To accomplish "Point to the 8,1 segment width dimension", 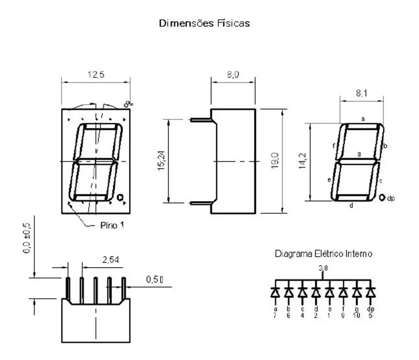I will pos(362,93).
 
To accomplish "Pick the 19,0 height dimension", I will pos(276,161).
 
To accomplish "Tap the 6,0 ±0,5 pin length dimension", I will pos(27,239).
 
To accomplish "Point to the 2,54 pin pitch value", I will pos(111,260).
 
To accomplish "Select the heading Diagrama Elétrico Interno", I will pos(323,254).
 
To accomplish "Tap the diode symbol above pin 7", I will pos(275,292).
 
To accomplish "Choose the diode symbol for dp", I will pos(370,292).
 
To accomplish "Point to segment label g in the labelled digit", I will pos(359,154).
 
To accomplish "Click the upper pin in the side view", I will pos(200,120).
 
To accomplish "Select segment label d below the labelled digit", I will pos(351,206).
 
